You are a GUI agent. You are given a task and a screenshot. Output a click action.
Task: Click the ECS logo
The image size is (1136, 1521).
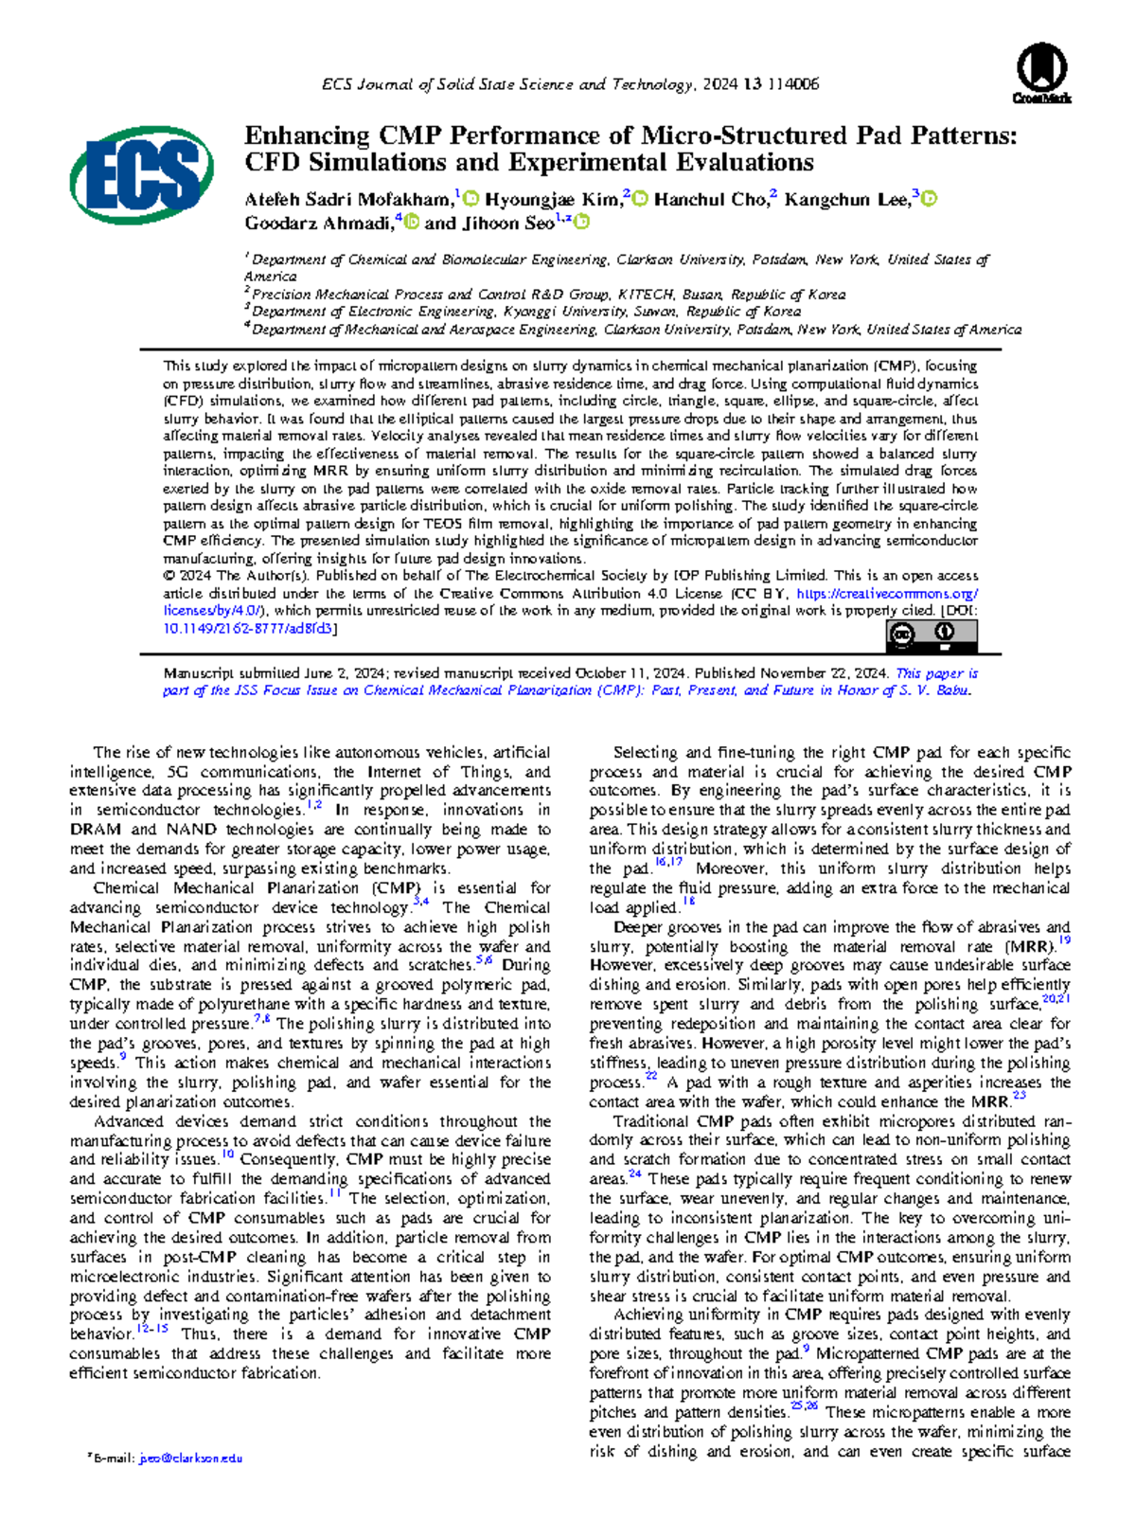pos(141,175)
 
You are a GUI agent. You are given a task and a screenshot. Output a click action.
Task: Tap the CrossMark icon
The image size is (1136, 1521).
pos(1041,75)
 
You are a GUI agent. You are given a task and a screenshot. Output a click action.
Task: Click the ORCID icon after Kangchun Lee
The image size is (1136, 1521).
pos(930,199)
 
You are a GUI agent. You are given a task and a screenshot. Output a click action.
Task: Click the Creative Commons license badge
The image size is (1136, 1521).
pos(932,635)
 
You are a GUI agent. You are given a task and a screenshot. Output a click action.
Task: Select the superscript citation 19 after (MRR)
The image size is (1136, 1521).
pos(1064,940)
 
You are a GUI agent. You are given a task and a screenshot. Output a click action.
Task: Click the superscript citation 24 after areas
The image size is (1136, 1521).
pos(634,1174)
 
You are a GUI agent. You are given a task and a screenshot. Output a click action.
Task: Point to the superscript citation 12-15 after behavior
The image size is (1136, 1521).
pos(152,1329)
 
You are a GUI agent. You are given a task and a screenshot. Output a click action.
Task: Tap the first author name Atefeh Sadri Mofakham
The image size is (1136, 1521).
pos(348,200)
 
